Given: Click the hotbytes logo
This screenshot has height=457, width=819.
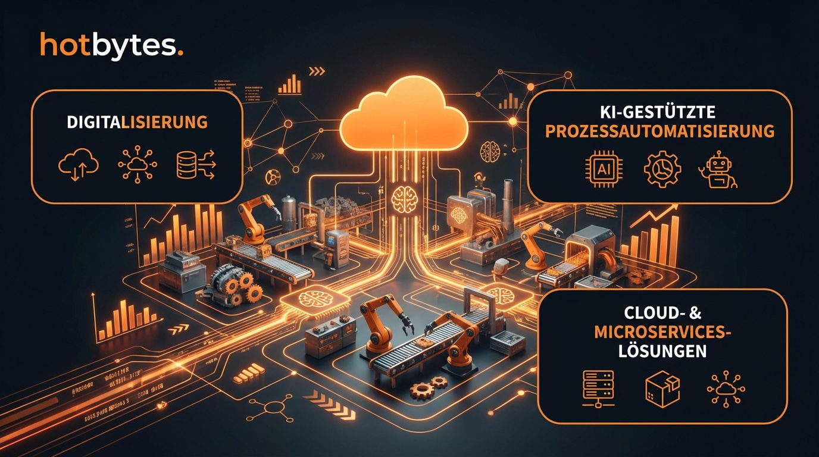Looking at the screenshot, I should point(111,45).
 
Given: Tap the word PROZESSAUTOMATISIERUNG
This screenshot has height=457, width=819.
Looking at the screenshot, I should point(659,131).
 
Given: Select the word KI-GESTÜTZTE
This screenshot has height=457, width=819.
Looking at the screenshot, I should point(660,111).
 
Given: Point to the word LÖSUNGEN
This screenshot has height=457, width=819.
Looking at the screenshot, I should point(662,351).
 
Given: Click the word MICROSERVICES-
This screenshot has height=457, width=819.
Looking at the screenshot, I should point(662,332).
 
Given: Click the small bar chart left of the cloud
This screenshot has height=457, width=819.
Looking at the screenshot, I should point(290,84).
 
